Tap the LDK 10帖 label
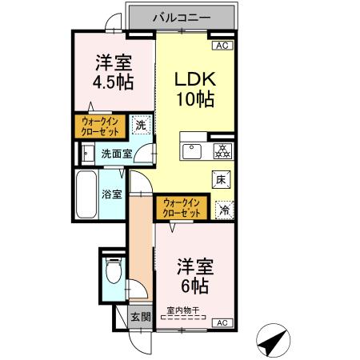point(193,89)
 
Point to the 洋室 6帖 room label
point(194,274)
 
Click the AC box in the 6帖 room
point(222,322)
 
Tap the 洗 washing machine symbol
point(140,125)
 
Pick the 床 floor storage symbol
point(222,179)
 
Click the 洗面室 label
point(116,154)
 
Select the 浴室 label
point(111,193)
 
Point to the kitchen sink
point(193,151)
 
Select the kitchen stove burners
point(221,150)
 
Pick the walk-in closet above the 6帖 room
point(181,207)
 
